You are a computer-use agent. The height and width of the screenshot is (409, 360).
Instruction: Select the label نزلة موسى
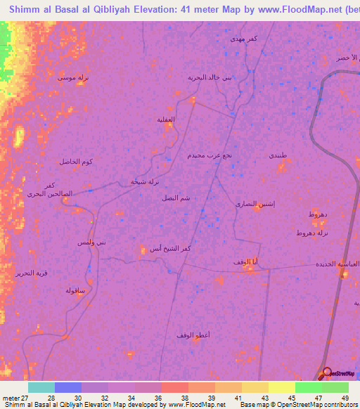click(x=72, y=78)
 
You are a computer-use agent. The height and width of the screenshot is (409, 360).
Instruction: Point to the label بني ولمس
click(x=92, y=242)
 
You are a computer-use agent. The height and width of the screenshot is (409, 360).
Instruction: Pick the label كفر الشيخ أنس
click(x=170, y=248)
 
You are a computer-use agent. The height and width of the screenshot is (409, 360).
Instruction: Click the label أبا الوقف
click(x=246, y=262)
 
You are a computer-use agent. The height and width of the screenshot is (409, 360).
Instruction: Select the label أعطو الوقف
click(x=193, y=335)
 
